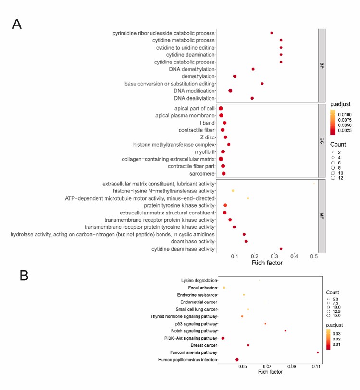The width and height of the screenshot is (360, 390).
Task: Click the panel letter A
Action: tap(17, 24)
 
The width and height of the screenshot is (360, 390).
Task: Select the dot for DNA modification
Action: tap(230, 91)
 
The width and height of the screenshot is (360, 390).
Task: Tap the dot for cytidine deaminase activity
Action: tap(281, 249)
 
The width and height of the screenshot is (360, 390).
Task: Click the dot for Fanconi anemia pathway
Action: tap(318, 352)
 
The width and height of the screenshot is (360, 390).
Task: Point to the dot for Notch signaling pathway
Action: tap(286, 331)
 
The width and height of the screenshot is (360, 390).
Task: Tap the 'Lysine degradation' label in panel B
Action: tap(199, 280)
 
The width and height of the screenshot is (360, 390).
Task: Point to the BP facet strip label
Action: tap(322, 65)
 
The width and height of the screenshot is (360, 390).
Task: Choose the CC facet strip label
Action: tap(322, 141)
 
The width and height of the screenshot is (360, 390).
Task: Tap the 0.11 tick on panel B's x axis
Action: tap(316, 366)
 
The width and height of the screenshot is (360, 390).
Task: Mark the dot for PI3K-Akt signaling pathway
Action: tap(223, 338)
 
